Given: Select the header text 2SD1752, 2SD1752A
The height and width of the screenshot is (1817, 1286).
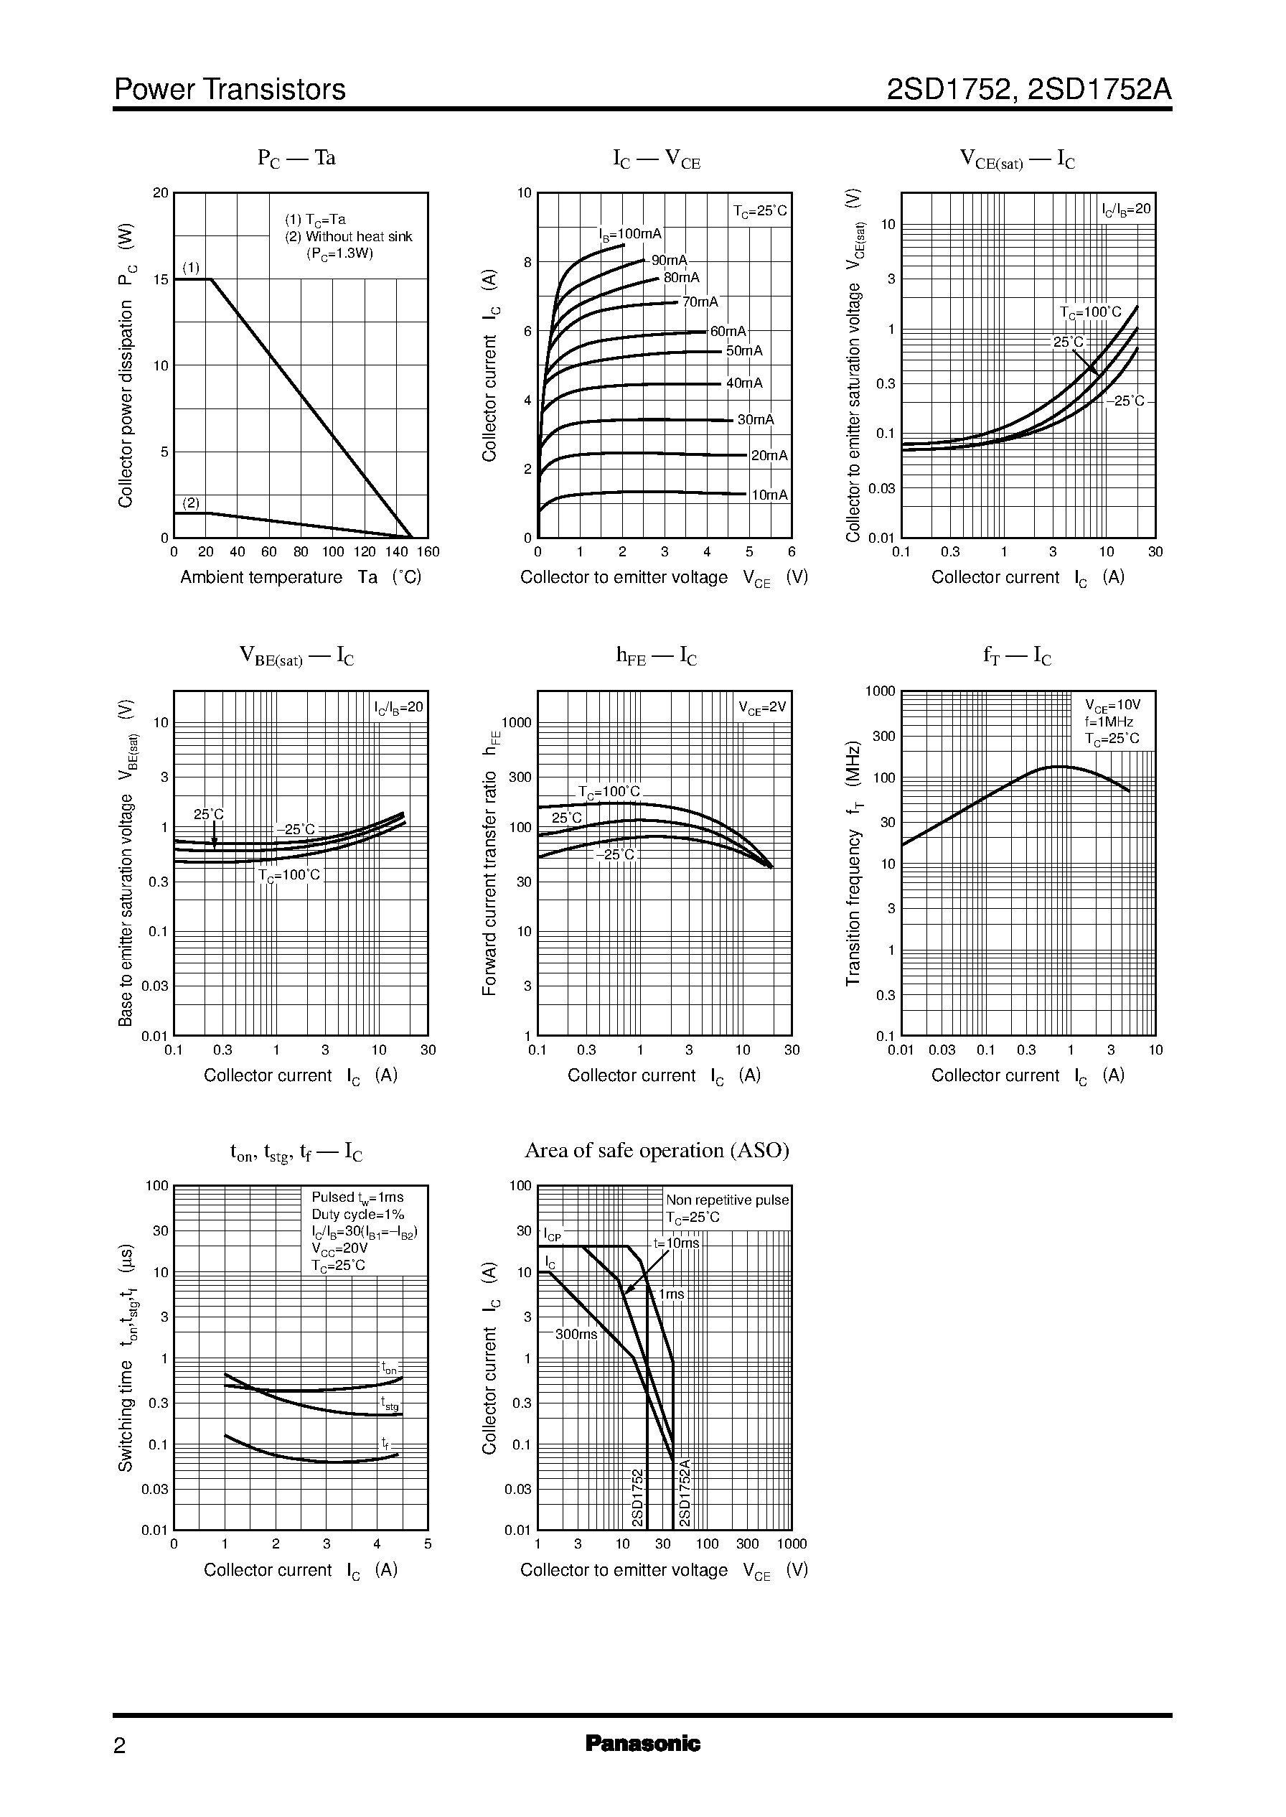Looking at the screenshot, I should coord(1028,90).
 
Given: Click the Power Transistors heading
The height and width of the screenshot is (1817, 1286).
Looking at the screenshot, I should coord(230,90).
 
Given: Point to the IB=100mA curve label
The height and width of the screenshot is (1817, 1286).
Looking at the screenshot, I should coord(629,233).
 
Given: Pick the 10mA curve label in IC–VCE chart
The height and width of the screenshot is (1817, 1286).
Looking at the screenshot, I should coord(769,495).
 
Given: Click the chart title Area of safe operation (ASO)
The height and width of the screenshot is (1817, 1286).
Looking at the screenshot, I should coord(657,1150).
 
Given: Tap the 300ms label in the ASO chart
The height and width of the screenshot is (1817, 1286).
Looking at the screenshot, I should coord(576,1333).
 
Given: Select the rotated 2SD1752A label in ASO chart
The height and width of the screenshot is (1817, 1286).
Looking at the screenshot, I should coord(685,1493).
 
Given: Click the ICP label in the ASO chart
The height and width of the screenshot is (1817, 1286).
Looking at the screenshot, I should coord(552,1235).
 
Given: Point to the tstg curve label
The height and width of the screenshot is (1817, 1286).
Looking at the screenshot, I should coord(390,1403).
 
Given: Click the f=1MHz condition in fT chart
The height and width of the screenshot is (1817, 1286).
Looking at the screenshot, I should coord(1109,721).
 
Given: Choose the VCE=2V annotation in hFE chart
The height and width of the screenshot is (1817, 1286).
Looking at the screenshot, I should coord(762,707).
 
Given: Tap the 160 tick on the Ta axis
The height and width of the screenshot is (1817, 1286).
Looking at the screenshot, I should coord(428,552).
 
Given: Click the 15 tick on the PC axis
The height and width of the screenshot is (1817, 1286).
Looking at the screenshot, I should coord(161,279).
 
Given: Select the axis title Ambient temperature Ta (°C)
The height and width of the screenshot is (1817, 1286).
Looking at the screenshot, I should coord(300,576).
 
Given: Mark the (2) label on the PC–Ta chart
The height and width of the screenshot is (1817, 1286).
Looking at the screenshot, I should coord(191,503).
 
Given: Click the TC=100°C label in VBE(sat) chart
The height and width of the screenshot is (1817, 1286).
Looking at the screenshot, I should coord(289,874).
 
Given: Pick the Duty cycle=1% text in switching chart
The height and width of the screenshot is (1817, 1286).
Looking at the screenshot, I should coord(357,1214).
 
